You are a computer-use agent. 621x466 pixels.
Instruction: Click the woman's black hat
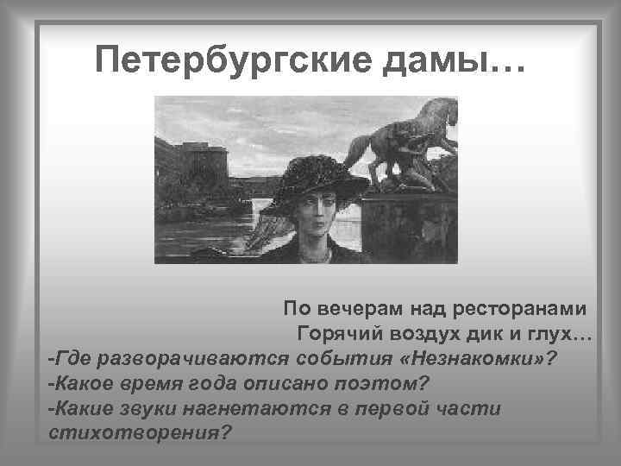click(x=316, y=182)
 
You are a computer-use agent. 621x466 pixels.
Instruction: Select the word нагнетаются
click(x=278, y=406)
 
